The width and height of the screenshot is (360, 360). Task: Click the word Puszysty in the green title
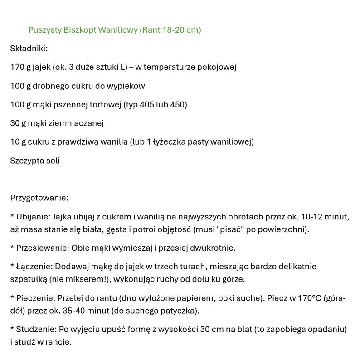(x=44, y=30)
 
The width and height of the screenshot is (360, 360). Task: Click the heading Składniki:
(x=29, y=49)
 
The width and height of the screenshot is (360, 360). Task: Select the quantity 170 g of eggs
(x=19, y=67)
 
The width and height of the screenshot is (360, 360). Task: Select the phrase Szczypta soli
(x=35, y=161)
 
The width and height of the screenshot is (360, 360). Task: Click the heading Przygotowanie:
(x=39, y=198)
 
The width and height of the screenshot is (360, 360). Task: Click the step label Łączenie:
(x=34, y=267)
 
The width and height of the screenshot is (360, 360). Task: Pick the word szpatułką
(x=28, y=279)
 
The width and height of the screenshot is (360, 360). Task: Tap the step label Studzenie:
(x=36, y=329)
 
